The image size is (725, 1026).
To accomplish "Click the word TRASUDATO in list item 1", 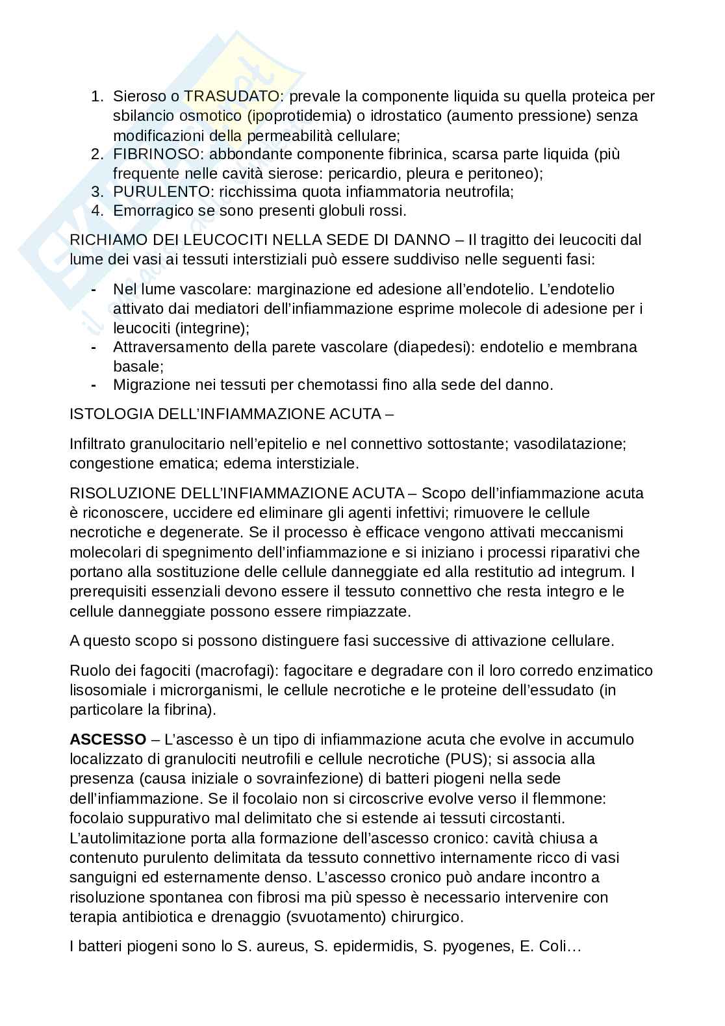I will pyautogui.click(x=231, y=97).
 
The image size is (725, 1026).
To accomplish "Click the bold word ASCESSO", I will pyautogui.click(x=108, y=739).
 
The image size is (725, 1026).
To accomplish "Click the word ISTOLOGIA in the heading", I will pyautogui.click(x=103, y=414).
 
